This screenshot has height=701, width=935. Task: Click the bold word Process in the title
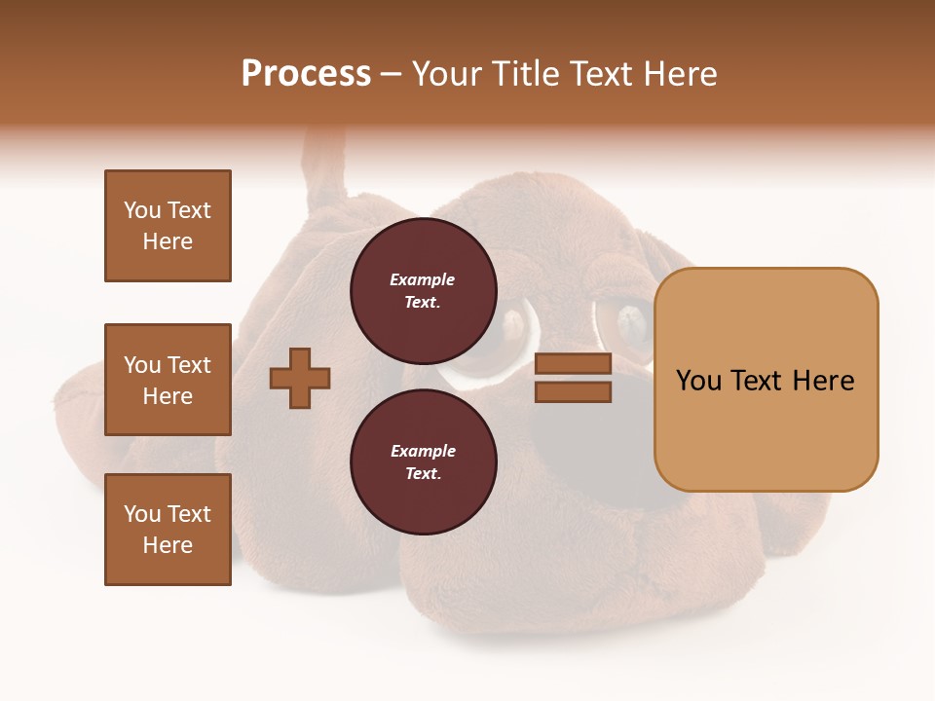pyautogui.click(x=306, y=74)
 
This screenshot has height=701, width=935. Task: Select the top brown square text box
pyautogui.click(x=168, y=226)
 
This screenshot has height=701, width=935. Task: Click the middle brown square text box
pyautogui.click(x=168, y=380)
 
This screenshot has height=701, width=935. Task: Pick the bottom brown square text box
pyautogui.click(x=168, y=530)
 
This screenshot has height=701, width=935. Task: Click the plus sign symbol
pyautogui.click(x=300, y=378)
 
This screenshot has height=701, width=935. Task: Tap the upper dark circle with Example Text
pyautogui.click(x=423, y=291)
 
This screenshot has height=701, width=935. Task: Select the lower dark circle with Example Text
pyautogui.click(x=423, y=462)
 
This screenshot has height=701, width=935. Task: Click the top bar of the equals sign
pyautogui.click(x=573, y=364)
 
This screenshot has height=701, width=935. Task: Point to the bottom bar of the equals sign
pyautogui.click(x=573, y=392)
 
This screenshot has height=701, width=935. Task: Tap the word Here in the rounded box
pyautogui.click(x=823, y=381)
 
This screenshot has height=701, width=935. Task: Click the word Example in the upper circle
pyautogui.click(x=423, y=280)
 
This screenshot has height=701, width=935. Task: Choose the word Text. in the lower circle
pyautogui.click(x=423, y=474)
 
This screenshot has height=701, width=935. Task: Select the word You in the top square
pyautogui.click(x=142, y=210)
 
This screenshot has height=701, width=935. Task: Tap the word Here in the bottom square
pyautogui.click(x=168, y=545)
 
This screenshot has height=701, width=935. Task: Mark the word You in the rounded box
pyautogui.click(x=698, y=381)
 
